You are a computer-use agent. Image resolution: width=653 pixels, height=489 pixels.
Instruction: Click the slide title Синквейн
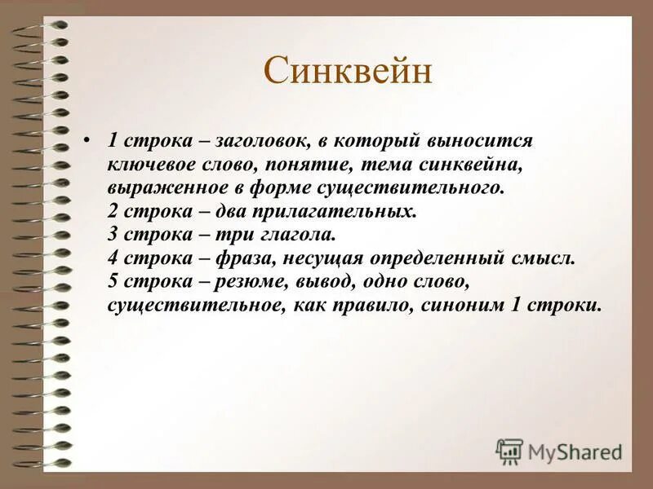347,72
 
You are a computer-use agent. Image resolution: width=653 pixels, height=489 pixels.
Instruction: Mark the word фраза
244,258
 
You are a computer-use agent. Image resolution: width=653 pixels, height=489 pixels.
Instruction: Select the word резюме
254,282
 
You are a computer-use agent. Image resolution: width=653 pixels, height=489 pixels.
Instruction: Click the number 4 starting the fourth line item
112,258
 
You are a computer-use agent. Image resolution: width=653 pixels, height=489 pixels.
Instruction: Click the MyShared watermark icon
509,451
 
